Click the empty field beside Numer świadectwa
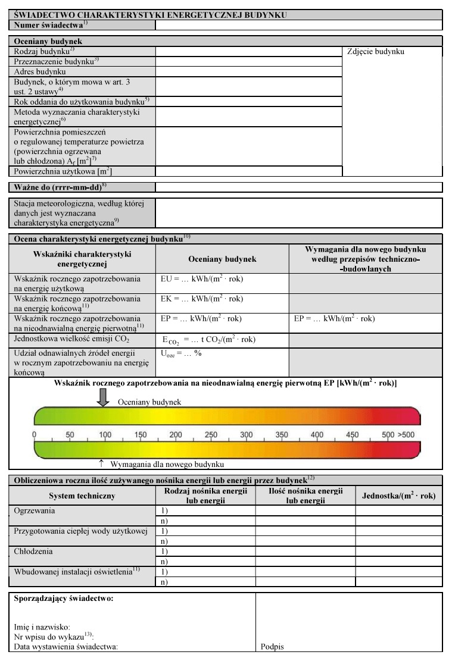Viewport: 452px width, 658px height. [298, 25]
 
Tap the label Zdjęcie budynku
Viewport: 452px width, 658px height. [375, 52]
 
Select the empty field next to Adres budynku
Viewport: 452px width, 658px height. [248, 71]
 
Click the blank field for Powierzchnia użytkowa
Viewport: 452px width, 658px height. [248, 171]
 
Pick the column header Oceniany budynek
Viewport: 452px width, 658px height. [222, 259]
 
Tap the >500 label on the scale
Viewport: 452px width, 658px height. [407, 435]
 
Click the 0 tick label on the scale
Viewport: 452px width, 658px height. [35, 435]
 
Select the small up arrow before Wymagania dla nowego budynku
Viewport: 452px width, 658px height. [101, 463]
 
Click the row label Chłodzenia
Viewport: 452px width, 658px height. [33, 551]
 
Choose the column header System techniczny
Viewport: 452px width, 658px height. [82, 496]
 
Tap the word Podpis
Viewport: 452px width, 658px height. [272, 647]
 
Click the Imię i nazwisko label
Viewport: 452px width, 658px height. [42, 626]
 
